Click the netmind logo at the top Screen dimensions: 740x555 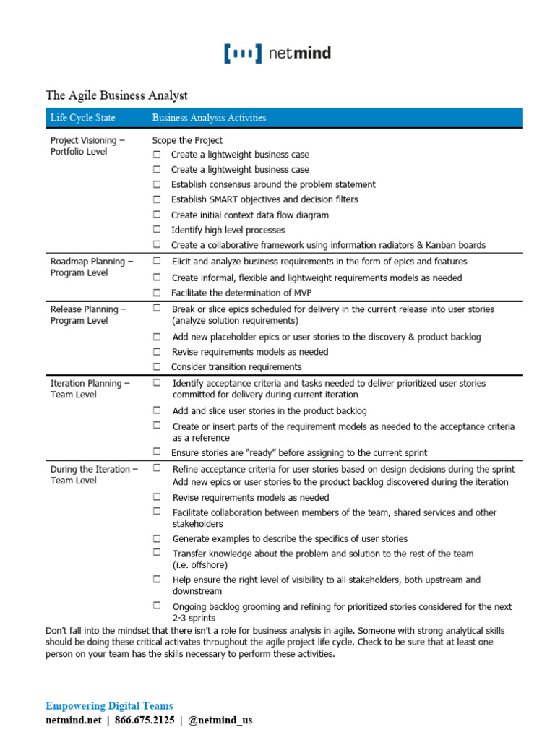pos(277,53)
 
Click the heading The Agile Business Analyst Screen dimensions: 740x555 pos(116,95)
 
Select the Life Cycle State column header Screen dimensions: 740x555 pos(82,118)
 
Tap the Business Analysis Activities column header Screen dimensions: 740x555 pos(209,118)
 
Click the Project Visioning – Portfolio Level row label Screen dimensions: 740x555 pos(87,146)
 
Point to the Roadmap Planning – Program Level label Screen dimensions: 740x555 pos(92,267)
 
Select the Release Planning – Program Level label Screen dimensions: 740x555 pos(88,315)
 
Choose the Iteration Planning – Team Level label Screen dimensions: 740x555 pos(90,389)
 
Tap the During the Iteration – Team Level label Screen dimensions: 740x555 pos(94,475)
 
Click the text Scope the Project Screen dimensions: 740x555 pos(187,140)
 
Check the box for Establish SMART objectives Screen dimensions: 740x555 pos(157,199)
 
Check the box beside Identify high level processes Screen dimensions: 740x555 pos(157,230)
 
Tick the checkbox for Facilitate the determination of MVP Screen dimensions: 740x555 pos(157,293)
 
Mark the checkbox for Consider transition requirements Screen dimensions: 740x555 pos(157,367)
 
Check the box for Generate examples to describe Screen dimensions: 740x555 pos(157,539)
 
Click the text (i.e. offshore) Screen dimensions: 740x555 pos(199,565)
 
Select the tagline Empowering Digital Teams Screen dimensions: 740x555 pos(109,705)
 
